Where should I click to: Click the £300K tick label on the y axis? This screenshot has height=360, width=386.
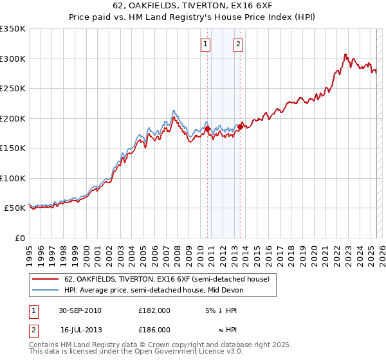(13, 59)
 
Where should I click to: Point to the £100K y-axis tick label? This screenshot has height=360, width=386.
(13, 178)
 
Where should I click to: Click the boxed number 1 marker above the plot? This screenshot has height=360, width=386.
(205, 44)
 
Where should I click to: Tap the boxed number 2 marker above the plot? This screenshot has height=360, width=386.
(238, 44)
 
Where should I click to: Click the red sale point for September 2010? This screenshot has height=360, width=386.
(208, 129)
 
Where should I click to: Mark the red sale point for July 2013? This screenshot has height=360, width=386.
(240, 127)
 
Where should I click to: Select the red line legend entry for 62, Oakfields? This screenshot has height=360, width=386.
(170, 279)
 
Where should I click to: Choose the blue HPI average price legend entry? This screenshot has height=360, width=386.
(160, 290)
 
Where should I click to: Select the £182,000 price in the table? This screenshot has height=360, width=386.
(154, 310)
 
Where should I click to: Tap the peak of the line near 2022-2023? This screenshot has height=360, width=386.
(345, 54)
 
